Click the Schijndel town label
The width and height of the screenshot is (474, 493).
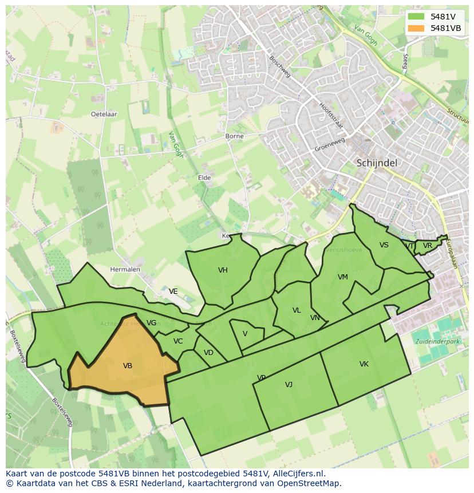coord(377,163)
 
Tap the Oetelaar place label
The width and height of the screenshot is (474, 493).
coord(104,114)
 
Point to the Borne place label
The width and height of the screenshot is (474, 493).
coord(234,136)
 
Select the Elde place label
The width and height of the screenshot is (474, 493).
coord(204,178)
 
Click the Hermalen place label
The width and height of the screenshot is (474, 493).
coord(125,269)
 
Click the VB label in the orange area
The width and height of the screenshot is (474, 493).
coord(128,366)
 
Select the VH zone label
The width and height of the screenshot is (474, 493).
coord(223,270)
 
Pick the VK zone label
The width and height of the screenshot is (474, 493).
coord(364,364)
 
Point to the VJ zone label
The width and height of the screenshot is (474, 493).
coord(289,385)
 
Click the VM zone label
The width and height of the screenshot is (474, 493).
coord(342,277)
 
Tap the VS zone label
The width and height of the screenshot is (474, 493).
coord(384,245)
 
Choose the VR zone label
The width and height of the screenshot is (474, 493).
coord(427,246)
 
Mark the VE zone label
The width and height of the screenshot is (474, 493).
coord(173,291)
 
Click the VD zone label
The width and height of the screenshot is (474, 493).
coord(208,353)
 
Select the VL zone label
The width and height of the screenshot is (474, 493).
coord(297,310)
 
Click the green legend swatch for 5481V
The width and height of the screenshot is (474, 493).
coord(417,17)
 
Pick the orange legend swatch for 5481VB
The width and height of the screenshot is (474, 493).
coord(417,28)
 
